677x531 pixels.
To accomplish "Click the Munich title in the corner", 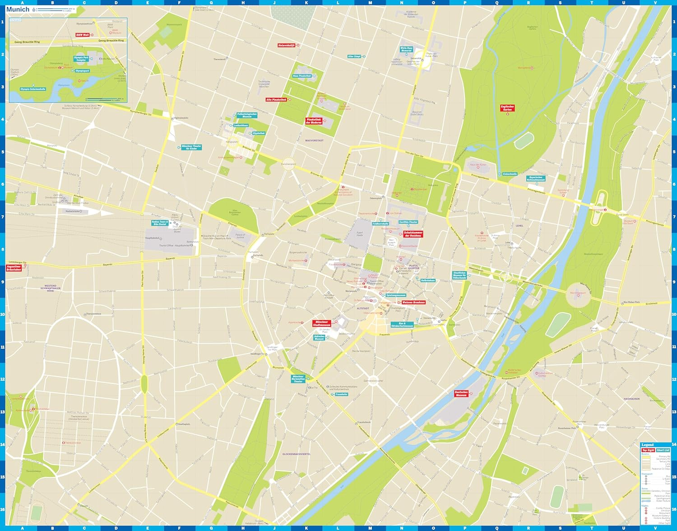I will click(18, 9).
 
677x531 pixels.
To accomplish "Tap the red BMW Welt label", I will click(83, 35).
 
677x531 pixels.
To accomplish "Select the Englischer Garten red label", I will click(507, 108).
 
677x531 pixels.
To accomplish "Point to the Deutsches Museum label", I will click(461, 393).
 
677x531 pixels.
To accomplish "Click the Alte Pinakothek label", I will click(276, 99).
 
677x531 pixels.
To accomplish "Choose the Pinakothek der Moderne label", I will click(314, 121).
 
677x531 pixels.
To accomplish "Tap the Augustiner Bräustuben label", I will click(14, 268).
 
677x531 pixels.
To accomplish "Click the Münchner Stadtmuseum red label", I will click(321, 323).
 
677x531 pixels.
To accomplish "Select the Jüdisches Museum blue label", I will click(319, 337).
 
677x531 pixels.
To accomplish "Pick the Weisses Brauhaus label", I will click(413, 302).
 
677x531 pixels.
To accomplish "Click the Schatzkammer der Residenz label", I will click(413, 234).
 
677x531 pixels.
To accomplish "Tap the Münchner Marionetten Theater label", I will click(298, 379).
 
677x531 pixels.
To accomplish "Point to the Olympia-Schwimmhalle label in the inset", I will click(32, 89).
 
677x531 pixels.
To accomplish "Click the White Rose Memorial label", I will click(406, 49).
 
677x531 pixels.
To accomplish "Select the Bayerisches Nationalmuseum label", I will click(537, 178).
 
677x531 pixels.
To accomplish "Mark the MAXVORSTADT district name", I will click(314, 140).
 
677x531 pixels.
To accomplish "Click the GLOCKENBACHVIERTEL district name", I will click(297, 454).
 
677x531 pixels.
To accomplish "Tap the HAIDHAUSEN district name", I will click(631, 386).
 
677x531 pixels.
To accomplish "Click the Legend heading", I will click(647, 445).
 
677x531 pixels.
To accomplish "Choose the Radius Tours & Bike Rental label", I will click(159, 223).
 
